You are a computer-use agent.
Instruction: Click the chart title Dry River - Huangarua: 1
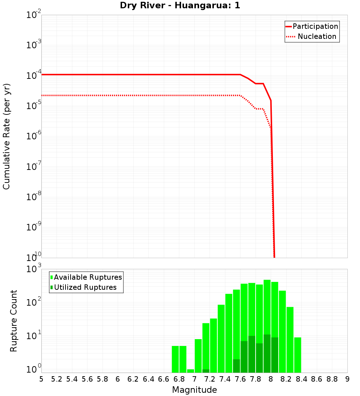[x=180, y=6]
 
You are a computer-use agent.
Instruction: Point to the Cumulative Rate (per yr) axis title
[x=6, y=136]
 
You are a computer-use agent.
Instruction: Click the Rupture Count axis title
[x=14, y=321]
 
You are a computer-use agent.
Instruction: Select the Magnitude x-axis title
[x=194, y=390]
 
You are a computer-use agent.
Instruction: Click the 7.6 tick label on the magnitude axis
[x=240, y=379]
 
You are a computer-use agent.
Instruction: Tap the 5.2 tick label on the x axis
[x=57, y=379]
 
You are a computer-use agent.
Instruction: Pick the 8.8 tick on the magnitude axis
[x=332, y=379]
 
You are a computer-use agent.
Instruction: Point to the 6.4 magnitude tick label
[x=149, y=379]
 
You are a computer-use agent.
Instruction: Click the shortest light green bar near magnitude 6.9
[x=190, y=371]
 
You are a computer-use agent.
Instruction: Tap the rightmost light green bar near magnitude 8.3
[x=297, y=355]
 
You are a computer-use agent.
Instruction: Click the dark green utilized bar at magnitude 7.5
[x=236, y=366]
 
